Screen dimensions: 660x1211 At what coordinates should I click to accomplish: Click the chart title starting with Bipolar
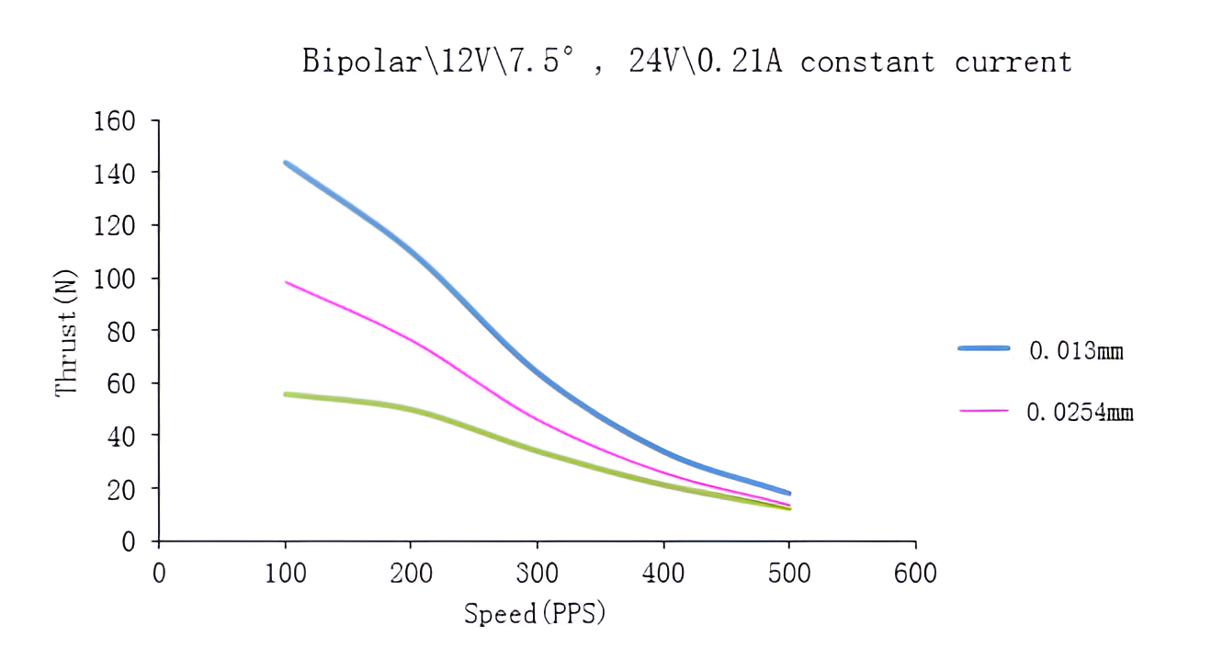686,62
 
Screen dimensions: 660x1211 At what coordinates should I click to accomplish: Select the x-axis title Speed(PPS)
535,613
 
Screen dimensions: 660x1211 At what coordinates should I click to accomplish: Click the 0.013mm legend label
1076,350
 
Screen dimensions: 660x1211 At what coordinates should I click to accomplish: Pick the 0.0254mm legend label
1080,412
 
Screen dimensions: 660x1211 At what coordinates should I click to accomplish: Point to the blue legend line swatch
983,348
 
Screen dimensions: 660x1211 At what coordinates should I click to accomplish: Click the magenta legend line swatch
983,411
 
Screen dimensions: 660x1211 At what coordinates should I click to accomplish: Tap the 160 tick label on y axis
114,120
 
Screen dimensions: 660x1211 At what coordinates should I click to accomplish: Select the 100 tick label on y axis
114,278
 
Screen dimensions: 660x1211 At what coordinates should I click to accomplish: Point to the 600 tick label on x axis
914,575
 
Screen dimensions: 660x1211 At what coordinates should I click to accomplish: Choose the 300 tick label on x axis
537,575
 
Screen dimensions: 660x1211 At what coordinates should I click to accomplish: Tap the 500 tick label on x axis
788,575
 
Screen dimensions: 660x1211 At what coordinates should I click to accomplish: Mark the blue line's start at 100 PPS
286,163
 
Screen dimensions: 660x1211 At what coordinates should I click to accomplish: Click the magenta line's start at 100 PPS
286,281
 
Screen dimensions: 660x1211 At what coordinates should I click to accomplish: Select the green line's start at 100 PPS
286,394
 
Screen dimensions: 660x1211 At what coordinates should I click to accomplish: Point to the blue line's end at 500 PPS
788,494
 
